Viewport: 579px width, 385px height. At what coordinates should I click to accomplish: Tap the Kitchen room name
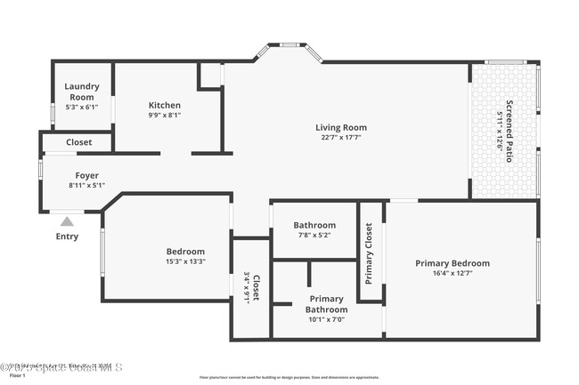click(x=165, y=105)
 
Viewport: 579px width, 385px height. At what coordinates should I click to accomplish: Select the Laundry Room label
click(x=82, y=92)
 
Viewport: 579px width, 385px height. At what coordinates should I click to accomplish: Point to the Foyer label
click(x=86, y=175)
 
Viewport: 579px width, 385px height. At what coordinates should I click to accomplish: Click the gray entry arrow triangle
click(x=67, y=221)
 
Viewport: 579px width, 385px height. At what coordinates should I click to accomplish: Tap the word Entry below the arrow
click(x=67, y=237)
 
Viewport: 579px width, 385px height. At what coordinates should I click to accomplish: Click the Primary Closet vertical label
click(x=369, y=253)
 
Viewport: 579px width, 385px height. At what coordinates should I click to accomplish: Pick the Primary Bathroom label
click(x=326, y=303)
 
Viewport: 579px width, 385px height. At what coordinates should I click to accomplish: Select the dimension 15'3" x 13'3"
click(x=185, y=261)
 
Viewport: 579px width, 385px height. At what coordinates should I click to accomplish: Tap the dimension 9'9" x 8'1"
click(x=165, y=115)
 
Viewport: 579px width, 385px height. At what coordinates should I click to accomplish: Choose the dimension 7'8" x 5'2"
click(x=315, y=236)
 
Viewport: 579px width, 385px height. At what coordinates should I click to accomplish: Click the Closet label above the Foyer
click(x=79, y=141)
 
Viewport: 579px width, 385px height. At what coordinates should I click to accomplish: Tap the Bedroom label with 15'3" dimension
click(x=185, y=252)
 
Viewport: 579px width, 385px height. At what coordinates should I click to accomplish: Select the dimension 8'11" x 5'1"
click(x=86, y=185)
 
